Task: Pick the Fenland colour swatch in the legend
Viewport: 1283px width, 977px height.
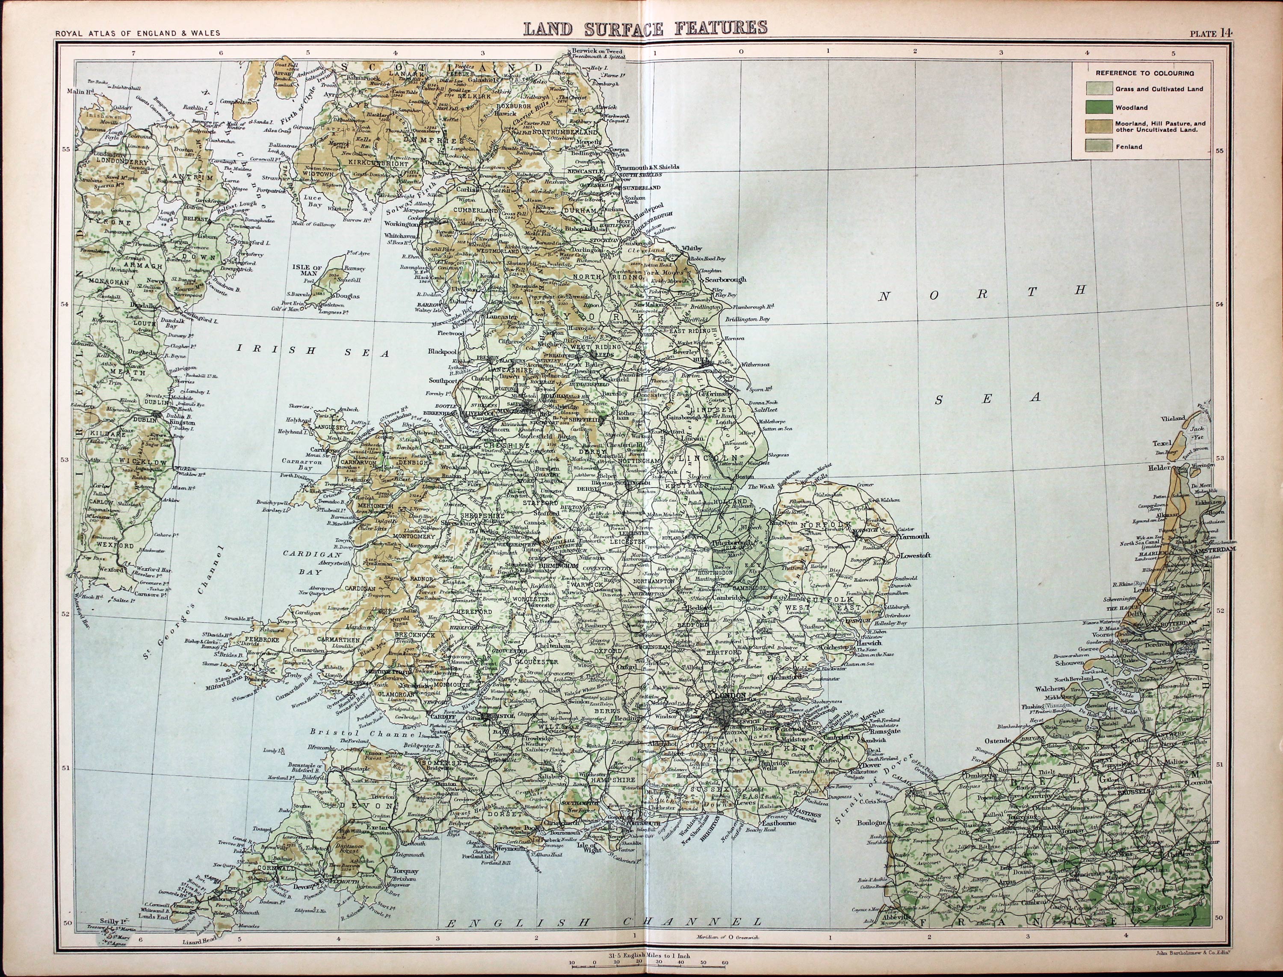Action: (x=1099, y=147)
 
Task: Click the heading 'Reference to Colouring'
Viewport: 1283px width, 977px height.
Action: (x=1144, y=73)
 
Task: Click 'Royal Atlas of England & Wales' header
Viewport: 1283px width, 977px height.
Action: (x=137, y=33)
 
